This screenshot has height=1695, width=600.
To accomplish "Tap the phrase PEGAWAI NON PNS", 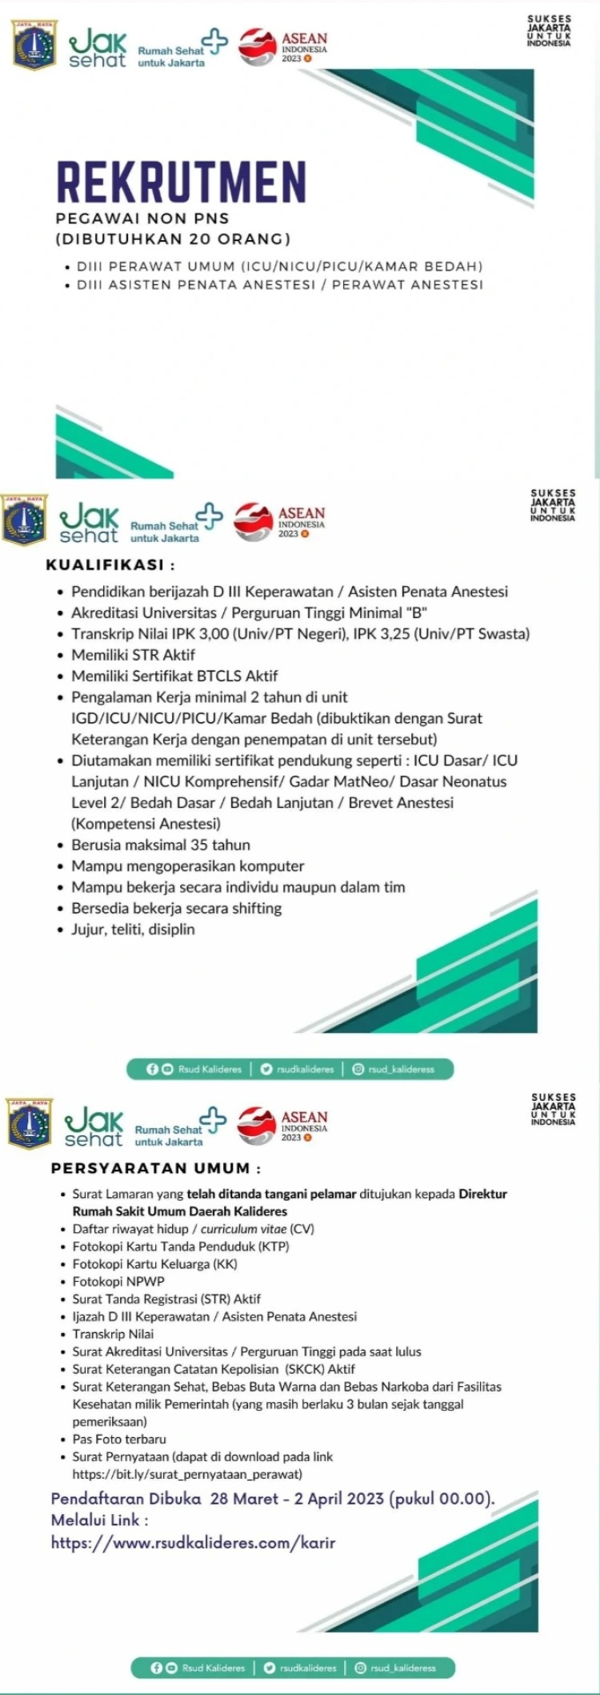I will [142, 218].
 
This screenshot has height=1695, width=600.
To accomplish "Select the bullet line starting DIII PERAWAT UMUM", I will [279, 266].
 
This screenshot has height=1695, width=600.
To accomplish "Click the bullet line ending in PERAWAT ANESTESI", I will [279, 284].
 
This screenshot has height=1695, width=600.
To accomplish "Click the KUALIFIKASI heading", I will [110, 564].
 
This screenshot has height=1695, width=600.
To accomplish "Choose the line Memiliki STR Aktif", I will [133, 655].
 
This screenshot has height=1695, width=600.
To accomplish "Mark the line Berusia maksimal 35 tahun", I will [160, 845].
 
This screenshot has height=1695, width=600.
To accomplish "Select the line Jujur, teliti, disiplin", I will [133, 930].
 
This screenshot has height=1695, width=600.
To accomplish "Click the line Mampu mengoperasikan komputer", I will [187, 866].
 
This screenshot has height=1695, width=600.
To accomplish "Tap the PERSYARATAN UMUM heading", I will [155, 1168].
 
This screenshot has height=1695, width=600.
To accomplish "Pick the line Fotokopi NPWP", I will [118, 1281].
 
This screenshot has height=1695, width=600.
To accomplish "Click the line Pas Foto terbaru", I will [119, 1439].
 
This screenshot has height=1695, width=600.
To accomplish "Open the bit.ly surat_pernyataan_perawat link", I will [187, 1474].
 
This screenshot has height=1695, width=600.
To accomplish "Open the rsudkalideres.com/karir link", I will [193, 1543].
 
